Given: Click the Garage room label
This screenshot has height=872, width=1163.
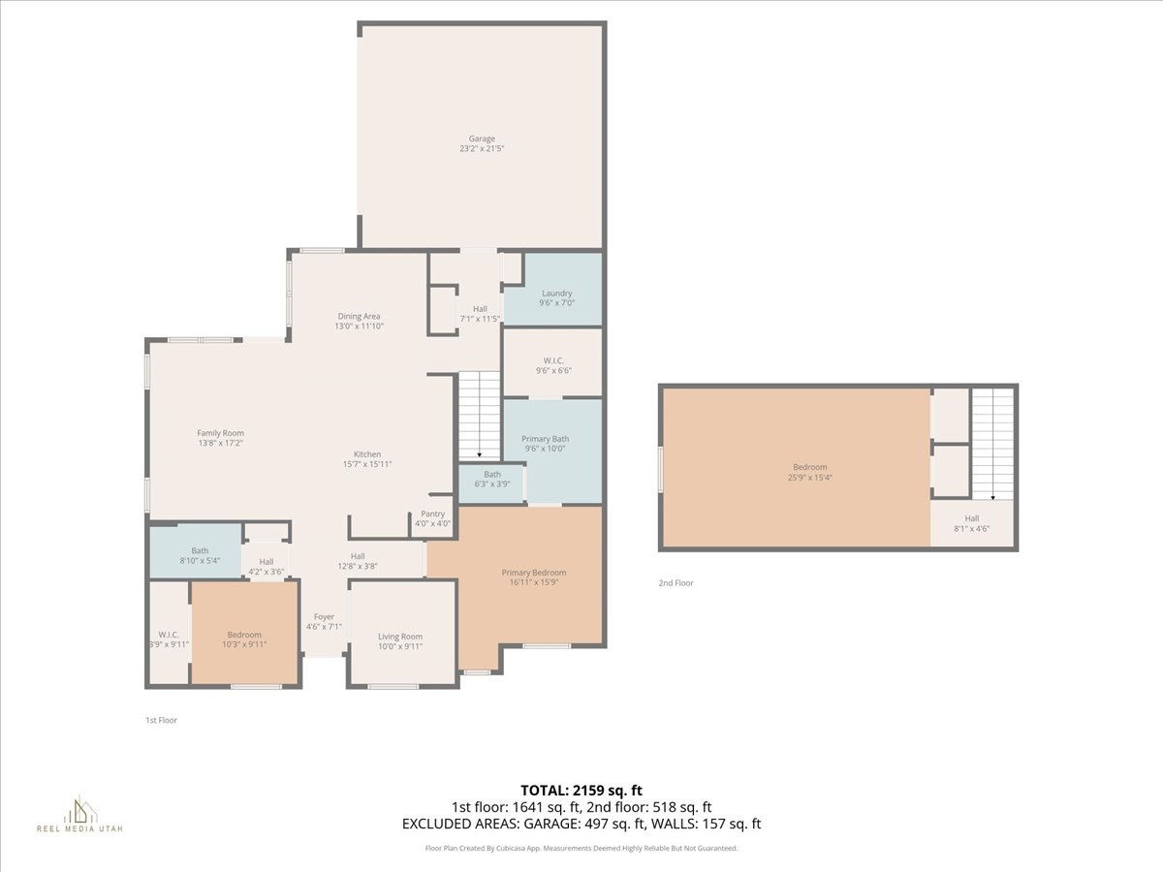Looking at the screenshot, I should point(483,139).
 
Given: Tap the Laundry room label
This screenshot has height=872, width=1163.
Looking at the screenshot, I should point(556,293).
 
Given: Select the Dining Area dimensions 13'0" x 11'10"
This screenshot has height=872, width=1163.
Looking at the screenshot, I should point(359,327).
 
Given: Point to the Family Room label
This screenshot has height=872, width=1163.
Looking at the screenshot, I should point(220,433).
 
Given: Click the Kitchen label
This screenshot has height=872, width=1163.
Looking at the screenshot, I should point(366,454).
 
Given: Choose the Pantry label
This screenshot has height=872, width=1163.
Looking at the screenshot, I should point(432,514).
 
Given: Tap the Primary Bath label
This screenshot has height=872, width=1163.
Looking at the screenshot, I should point(545,439).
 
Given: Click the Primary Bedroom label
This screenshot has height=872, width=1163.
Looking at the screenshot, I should point(533,573).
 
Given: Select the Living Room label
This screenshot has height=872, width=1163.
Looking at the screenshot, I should point(400,637).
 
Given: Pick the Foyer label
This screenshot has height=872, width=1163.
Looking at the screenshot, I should point(324,616).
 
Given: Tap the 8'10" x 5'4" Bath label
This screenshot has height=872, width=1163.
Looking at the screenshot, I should point(200,550).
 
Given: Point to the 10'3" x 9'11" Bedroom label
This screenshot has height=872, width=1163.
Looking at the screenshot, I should point(244,635).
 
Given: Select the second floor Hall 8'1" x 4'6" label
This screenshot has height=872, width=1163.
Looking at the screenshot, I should point(971,518).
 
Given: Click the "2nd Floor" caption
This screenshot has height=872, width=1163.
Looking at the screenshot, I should point(676,583).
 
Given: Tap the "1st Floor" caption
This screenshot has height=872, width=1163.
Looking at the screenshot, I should point(161,720).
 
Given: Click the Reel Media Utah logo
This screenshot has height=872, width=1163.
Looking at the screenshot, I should point(79,814).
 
